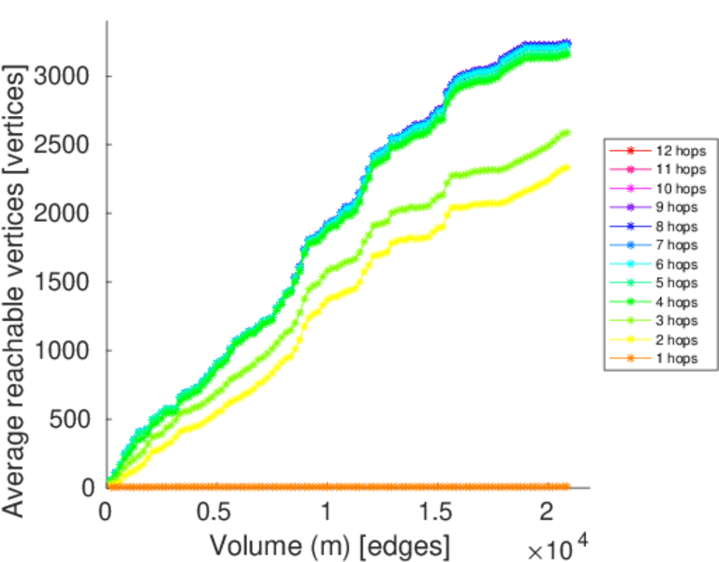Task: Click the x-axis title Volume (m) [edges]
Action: click(330, 544)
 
